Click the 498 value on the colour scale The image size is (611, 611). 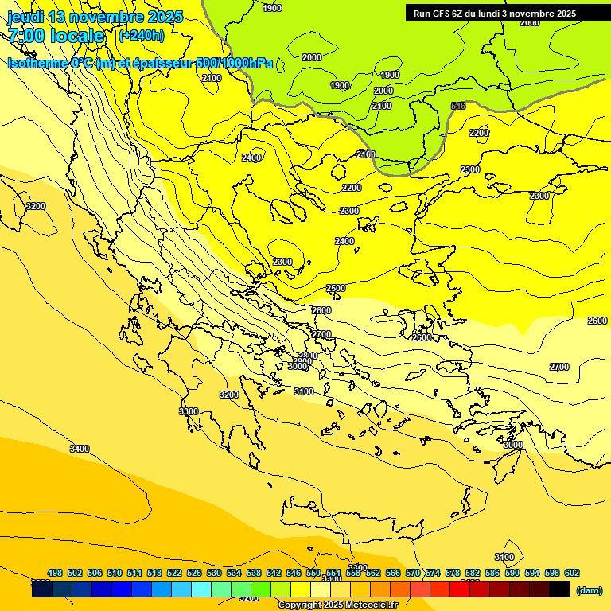55,573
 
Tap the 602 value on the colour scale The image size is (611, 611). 572,573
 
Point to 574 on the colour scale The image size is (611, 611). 433,573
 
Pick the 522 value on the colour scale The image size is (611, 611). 174,573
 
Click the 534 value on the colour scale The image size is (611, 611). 234,573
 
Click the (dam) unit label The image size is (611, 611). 589,590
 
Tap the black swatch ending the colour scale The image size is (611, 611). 559,589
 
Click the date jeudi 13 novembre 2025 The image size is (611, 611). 95,17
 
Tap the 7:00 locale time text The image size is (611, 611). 56,36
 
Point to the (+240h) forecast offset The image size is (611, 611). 141,35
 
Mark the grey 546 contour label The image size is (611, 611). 458,106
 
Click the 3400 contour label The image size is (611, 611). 80,449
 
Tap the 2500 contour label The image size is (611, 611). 336,288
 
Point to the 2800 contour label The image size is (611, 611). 308,356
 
